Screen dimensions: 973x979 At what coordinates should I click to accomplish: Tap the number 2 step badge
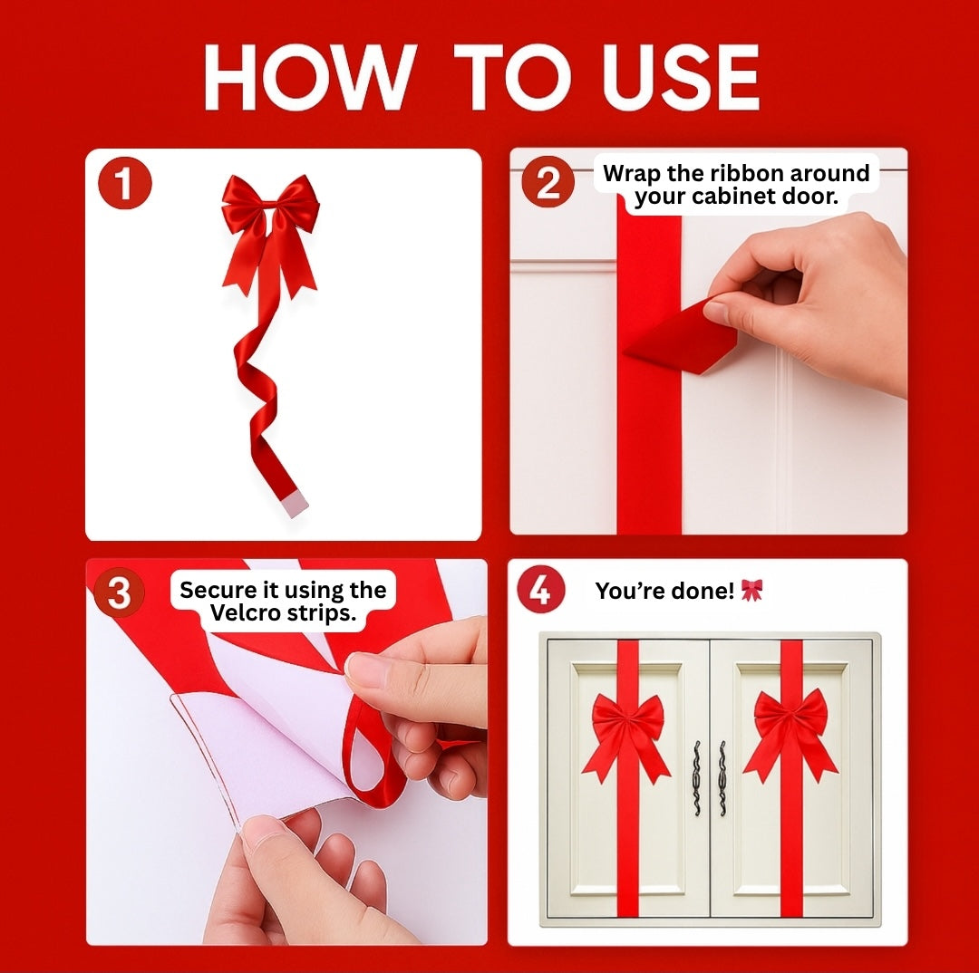548,183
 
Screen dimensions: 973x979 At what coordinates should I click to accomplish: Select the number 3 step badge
119,593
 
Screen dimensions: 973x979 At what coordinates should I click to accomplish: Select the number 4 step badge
540,591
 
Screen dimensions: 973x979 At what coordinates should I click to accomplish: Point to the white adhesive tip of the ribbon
296,504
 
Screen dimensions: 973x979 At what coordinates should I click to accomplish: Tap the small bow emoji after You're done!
751,591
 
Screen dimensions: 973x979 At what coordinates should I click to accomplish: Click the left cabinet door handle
696,777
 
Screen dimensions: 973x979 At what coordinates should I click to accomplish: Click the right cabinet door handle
722,777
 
